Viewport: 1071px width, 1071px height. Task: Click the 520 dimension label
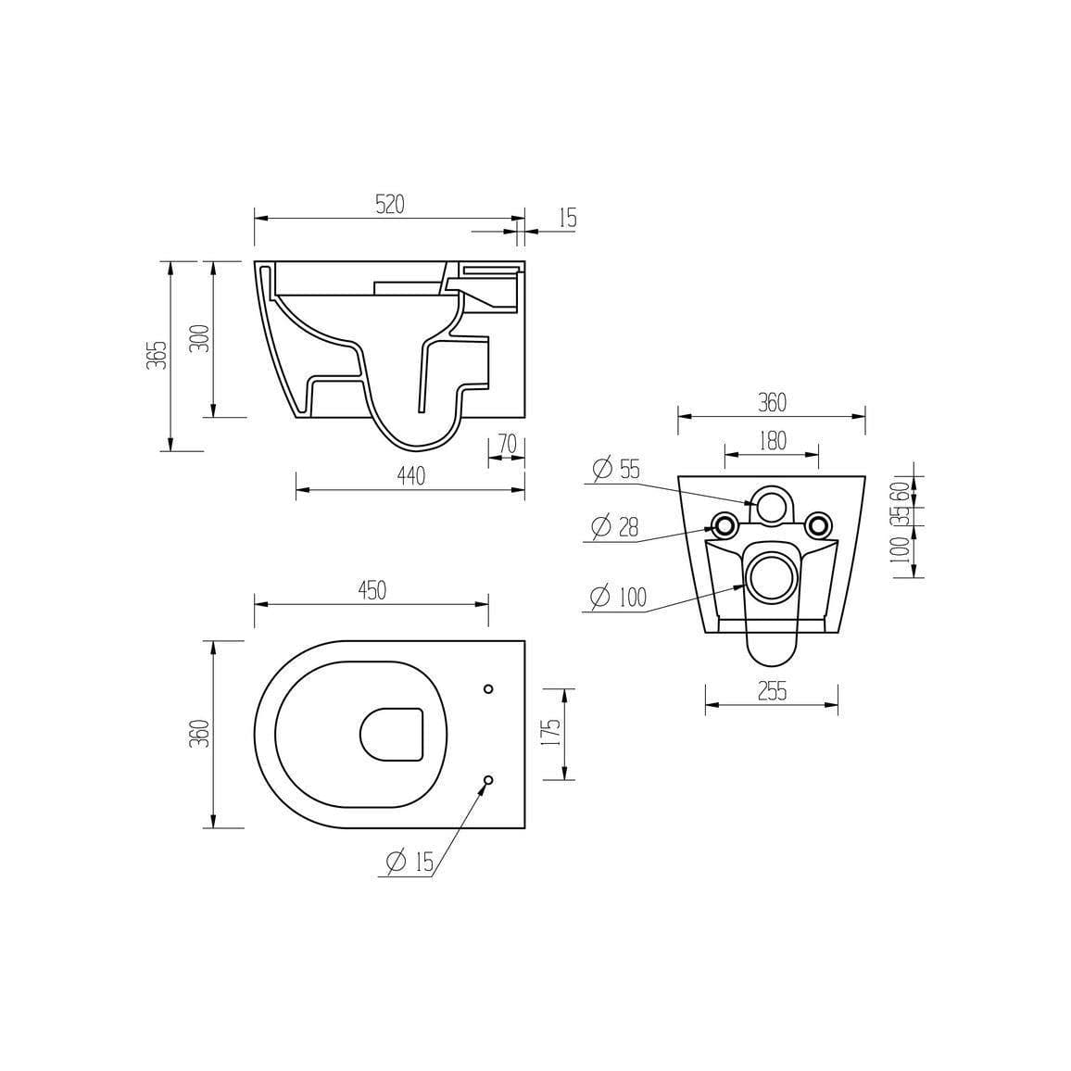(x=390, y=206)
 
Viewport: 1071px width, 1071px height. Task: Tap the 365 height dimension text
(x=158, y=355)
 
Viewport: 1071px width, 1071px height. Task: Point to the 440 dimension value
(x=409, y=476)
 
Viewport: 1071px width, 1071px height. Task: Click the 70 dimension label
(x=507, y=445)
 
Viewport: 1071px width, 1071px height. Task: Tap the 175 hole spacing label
(x=551, y=733)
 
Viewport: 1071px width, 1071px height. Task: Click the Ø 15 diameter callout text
(x=408, y=863)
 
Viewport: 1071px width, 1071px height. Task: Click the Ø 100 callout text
(x=618, y=598)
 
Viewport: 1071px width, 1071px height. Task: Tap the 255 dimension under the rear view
(x=771, y=691)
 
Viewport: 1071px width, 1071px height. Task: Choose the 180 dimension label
(x=771, y=441)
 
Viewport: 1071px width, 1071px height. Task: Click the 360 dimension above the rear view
(x=772, y=403)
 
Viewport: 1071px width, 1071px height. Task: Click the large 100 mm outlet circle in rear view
(x=771, y=575)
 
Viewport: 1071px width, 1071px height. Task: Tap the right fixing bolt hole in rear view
(x=816, y=524)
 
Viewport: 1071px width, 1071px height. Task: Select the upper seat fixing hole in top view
(x=489, y=688)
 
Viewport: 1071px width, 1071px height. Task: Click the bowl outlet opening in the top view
(x=391, y=735)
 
